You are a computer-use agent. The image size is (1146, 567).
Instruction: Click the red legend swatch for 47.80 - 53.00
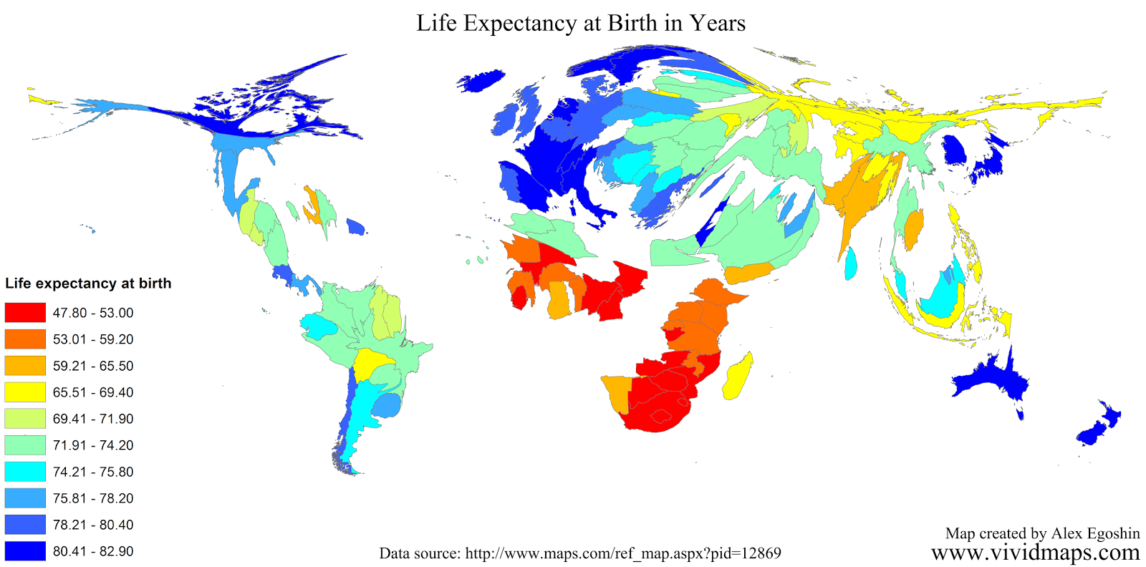pos(25,313)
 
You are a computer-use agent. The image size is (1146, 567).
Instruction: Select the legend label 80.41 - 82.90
pos(92,551)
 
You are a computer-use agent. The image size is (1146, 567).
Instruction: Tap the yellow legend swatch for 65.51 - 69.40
pos(25,392)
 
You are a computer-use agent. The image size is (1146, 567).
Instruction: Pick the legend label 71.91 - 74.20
pos(92,445)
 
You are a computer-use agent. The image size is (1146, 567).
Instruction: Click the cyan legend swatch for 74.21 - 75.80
pos(25,472)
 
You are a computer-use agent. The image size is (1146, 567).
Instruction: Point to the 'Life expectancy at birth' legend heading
pos(88,283)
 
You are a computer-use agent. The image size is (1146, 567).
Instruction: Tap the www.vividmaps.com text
pos(1035,552)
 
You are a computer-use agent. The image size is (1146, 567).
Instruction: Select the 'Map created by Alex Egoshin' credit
pos(1042,533)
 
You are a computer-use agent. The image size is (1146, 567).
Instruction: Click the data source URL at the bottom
pos(623,553)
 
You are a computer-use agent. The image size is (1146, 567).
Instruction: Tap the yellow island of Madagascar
pos(738,375)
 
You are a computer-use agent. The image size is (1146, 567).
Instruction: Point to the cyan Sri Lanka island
pos(850,263)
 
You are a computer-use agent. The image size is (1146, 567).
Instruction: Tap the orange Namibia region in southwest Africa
pos(616,392)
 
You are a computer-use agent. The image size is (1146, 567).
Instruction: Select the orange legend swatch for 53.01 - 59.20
pos(25,339)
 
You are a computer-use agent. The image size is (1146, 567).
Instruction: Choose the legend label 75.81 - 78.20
pos(92,498)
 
